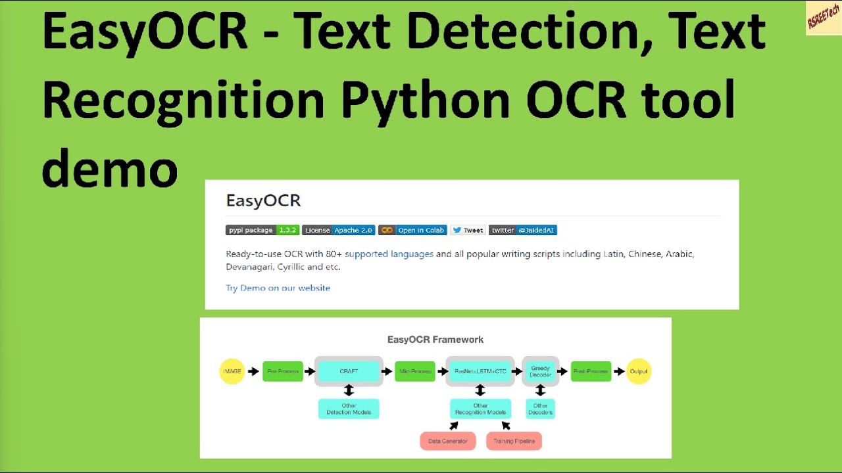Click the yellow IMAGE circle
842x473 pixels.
tap(232, 371)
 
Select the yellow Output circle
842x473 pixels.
tap(638, 371)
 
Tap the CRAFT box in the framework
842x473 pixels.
tap(349, 371)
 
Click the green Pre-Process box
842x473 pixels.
tap(283, 371)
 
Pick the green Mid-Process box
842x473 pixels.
tap(415, 371)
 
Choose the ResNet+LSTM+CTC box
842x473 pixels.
tap(480, 371)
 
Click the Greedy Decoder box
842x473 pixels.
tap(540, 371)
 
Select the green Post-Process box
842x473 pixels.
tap(591, 371)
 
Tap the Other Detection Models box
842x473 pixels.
tap(349, 409)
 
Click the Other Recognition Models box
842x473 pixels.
tap(480, 409)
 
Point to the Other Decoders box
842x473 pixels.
tap(540, 409)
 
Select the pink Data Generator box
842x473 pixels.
tap(448, 441)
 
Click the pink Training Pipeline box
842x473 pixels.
tap(514, 441)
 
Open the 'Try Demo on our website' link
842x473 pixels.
tap(278, 288)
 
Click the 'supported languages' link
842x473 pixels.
tap(389, 254)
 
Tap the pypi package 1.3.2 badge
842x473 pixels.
tap(262, 230)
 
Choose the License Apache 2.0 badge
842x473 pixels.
tap(338, 230)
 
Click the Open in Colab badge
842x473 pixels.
tap(412, 230)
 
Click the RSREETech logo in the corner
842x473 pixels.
tap(823, 18)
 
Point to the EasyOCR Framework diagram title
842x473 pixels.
tap(435, 340)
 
